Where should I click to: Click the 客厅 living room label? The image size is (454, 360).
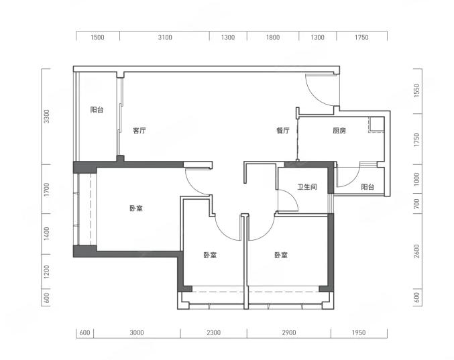pos(139,131)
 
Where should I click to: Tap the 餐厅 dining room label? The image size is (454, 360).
pos(282,131)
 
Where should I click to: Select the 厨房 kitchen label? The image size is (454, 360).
pos(339,131)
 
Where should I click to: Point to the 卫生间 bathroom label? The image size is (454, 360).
pos(307,187)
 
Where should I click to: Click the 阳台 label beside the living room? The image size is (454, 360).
pos(97,110)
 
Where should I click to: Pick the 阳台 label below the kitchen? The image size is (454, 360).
pos(367,187)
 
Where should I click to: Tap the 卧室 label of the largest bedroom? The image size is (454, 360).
pos(136,208)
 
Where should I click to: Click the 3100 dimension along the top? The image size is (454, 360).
pos(165,37)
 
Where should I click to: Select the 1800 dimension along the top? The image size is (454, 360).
pos(273,37)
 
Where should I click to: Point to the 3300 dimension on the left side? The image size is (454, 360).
pos(47,116)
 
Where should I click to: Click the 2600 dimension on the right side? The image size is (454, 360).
pos(416,251)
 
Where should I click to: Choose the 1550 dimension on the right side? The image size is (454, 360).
pos(416,91)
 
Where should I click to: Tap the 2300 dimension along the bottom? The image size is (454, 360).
pos(214,333)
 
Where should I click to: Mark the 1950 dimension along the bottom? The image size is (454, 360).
pos(359,333)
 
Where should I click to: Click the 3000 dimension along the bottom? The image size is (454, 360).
pos(137,333)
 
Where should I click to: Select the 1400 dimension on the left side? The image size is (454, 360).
pos(47,234)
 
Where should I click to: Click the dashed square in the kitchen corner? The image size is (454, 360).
pos(376,125)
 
